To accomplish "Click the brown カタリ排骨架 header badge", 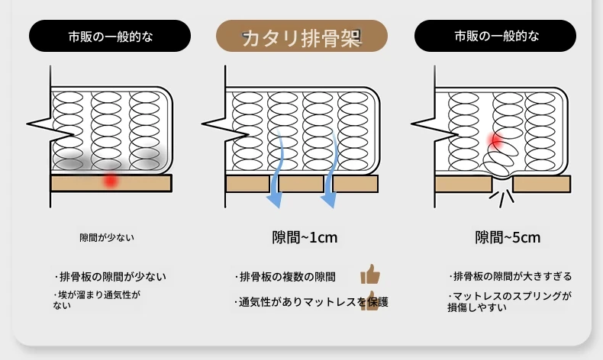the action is point(301,36).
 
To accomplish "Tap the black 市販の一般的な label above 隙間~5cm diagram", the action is point(495,36).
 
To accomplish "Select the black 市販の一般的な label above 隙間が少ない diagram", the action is point(110,36).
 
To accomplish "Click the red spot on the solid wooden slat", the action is point(111,180).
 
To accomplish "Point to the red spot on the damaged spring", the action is point(495,140).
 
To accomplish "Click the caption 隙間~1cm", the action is point(305,237).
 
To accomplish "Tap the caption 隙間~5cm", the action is point(508,237).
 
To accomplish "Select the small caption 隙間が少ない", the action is point(107,238).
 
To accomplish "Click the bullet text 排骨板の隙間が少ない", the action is point(111,277).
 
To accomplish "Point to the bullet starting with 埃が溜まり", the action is point(97,300).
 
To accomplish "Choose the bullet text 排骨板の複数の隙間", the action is point(285,277).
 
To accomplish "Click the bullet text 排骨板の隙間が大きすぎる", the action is point(511,277).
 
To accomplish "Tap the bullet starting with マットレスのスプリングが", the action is point(510,301).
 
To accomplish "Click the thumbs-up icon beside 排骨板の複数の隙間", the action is point(370,274).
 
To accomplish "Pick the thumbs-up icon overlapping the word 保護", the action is point(369,301).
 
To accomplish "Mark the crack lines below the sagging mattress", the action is point(501,198).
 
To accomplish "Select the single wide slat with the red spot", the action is point(111,183).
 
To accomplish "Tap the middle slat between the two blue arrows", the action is point(301,184).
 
